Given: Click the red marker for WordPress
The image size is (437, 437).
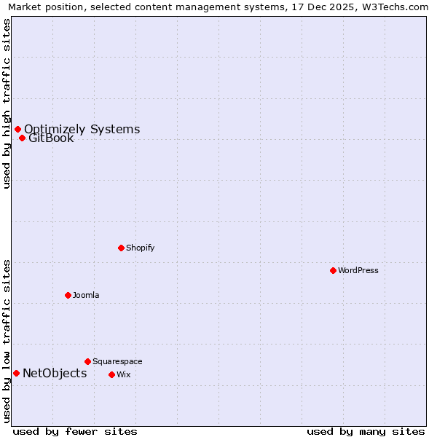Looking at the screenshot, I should point(333,270).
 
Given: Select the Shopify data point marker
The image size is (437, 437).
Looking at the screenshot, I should point(121,248).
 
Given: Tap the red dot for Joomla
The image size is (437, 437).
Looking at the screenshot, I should point(68,295).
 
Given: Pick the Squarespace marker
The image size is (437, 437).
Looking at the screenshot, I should point(87,361).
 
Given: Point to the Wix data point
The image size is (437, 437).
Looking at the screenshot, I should point(111,374).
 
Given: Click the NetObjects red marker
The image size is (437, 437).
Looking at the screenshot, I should point(16,374).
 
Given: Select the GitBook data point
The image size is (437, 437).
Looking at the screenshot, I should point(22,138).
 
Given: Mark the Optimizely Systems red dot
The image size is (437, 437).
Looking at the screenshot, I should point(17,130).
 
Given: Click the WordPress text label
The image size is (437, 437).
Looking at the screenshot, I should point(358,270).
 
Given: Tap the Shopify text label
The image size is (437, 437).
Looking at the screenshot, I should point(140,248).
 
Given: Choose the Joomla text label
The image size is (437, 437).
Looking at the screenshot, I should point(86,295).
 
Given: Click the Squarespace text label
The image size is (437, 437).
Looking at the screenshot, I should point(117,361).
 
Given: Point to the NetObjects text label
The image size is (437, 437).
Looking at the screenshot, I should point(55,374).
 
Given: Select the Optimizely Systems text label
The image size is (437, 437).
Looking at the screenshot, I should point(82,130).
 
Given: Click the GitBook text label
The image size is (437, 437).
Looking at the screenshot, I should point(51,138).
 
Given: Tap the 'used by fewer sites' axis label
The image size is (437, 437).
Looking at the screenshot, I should point(75,431).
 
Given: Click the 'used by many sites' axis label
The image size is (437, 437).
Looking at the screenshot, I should point(366,431).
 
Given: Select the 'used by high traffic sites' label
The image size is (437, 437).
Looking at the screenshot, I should point(7,103).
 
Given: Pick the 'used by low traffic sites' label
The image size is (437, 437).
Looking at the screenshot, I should point(7,341).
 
